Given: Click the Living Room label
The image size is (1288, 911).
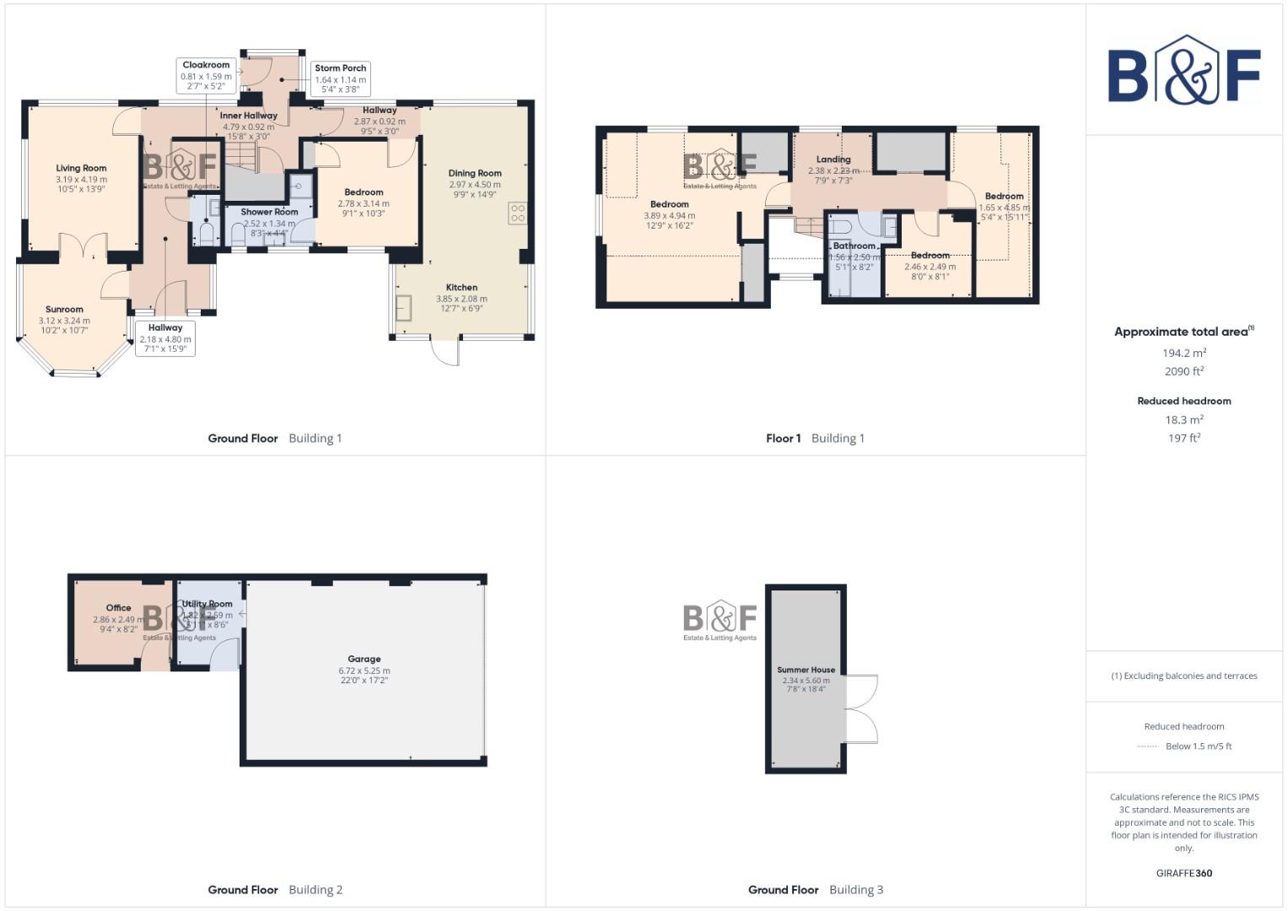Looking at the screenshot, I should [x=81, y=168].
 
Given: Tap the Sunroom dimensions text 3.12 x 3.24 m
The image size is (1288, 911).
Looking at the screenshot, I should [x=64, y=321].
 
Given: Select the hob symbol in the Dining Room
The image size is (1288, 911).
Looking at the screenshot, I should [x=517, y=213].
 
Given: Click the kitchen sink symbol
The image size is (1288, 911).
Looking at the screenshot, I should [x=404, y=308].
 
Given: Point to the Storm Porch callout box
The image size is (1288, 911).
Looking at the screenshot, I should [x=340, y=78].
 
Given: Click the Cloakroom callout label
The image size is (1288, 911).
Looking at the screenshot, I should [x=206, y=65].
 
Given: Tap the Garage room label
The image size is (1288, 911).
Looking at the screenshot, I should [x=364, y=659].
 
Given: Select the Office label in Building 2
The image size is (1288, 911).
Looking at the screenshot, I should [x=118, y=607].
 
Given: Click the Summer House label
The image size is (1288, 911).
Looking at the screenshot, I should [x=806, y=670].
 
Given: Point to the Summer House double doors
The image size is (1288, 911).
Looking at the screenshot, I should [x=863, y=709].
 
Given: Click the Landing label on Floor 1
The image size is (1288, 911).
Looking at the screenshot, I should [x=833, y=159].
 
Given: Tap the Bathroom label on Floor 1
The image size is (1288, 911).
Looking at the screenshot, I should [x=854, y=246].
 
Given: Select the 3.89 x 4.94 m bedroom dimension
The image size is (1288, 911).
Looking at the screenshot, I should [x=669, y=215].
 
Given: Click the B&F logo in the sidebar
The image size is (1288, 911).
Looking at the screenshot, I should [x=1183, y=71].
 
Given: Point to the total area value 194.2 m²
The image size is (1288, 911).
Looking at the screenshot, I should [x=1183, y=353].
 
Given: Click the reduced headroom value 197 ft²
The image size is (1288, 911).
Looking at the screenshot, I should [x=1183, y=438].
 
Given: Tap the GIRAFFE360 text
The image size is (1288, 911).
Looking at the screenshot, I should [x=1183, y=873].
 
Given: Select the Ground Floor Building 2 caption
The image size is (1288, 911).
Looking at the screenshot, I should [x=275, y=889].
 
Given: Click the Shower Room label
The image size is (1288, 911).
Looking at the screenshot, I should [x=269, y=213].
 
